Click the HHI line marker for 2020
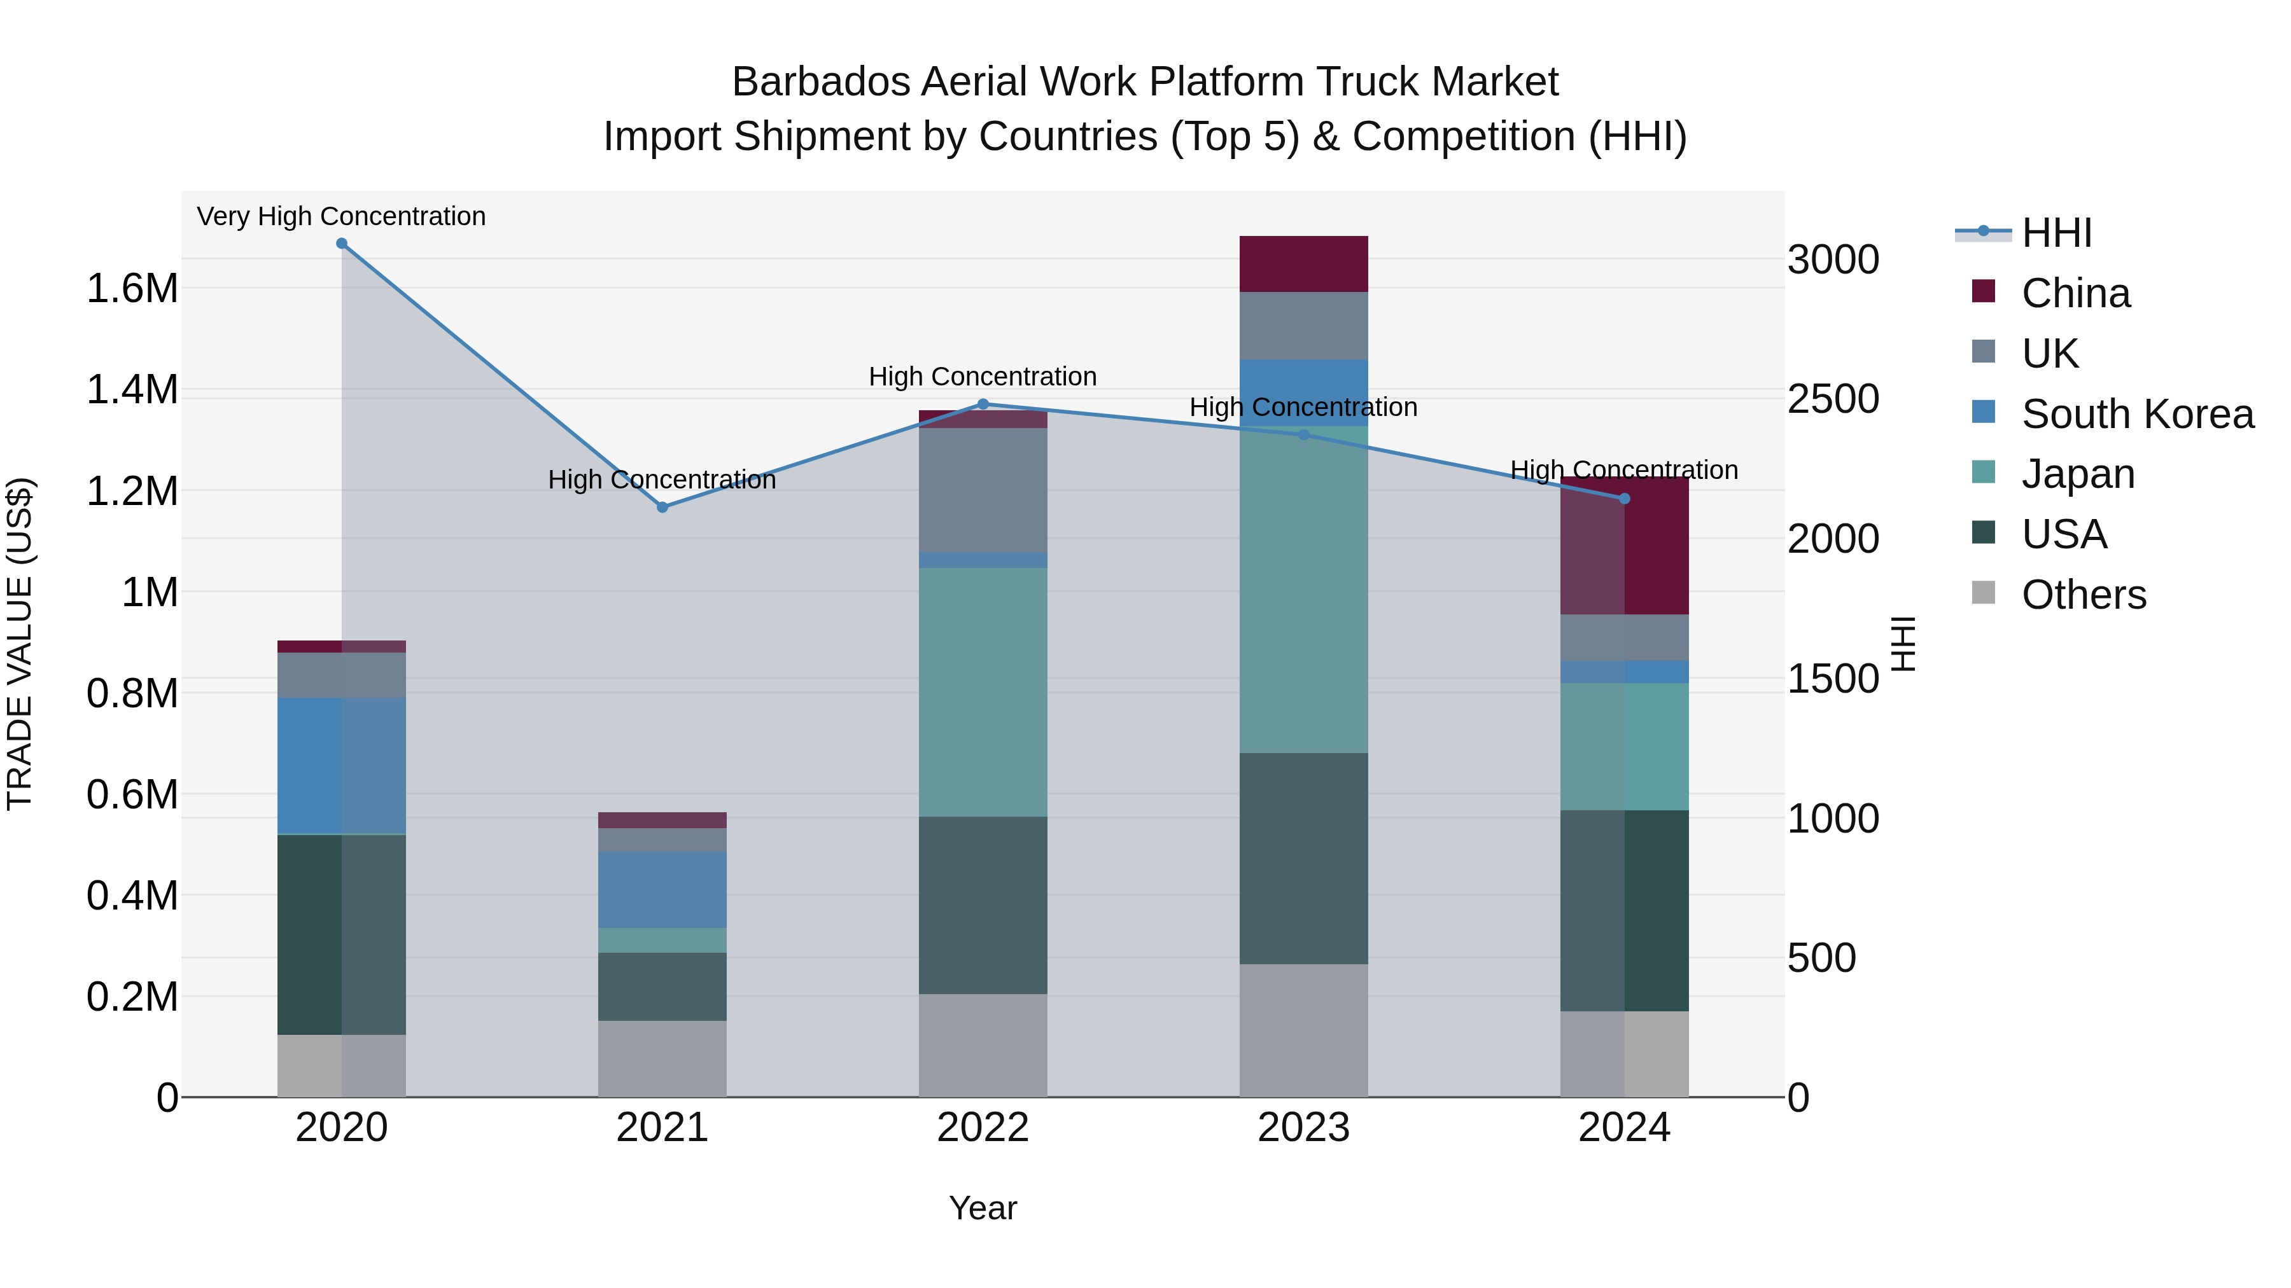coord(342,244)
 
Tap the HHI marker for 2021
coord(662,508)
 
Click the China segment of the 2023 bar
coord(1304,264)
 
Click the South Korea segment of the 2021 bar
coord(662,890)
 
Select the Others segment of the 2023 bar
coord(1304,1030)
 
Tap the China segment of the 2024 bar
coord(1625,546)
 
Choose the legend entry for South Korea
coord(2137,414)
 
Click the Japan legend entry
coord(2078,474)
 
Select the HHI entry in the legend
coord(2056,233)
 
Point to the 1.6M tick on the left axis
coord(132,289)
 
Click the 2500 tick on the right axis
coord(1833,399)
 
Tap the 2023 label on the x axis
coord(1304,1128)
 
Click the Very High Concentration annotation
coord(342,217)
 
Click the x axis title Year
coord(983,1208)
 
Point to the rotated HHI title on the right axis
coord(1902,644)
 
